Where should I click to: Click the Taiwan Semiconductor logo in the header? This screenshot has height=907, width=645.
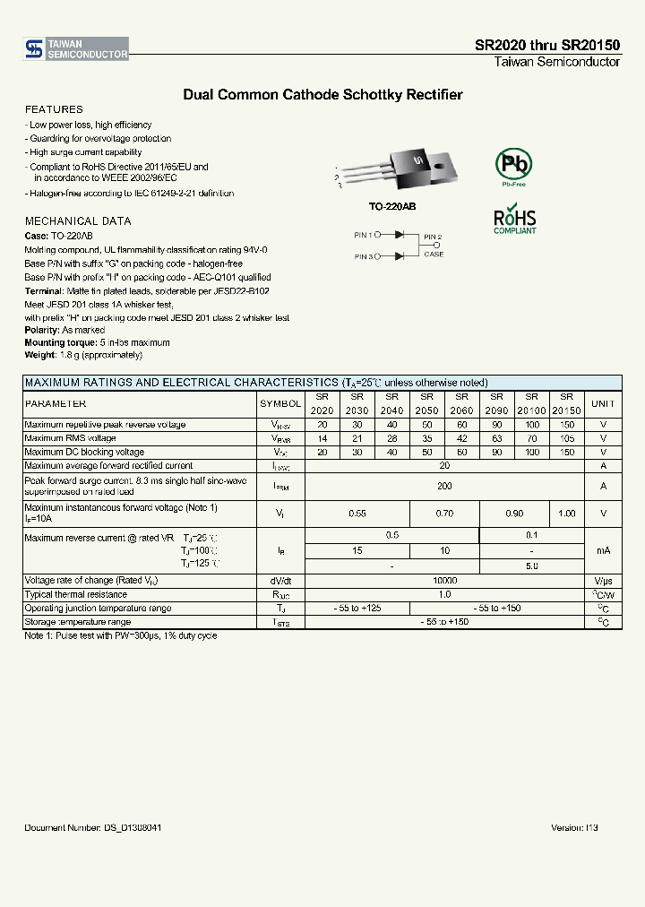(76, 49)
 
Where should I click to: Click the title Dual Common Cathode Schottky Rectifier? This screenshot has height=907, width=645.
(322, 94)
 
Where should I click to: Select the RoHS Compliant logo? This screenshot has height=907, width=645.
(514, 220)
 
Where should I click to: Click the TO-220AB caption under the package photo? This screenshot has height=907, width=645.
(392, 206)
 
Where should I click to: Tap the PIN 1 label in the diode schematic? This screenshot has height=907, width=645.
(363, 235)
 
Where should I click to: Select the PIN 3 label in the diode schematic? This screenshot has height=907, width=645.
(363, 257)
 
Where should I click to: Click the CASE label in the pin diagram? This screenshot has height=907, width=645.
(434, 255)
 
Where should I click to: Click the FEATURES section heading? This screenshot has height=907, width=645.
(54, 109)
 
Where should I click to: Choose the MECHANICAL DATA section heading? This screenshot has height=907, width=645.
(73, 220)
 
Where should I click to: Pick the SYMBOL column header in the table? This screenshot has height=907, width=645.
(280, 404)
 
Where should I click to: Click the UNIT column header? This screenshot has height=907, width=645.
(603, 404)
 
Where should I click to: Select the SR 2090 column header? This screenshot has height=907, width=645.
(496, 404)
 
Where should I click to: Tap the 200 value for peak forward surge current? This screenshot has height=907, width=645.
(444, 486)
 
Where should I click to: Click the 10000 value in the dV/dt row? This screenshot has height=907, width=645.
(444, 581)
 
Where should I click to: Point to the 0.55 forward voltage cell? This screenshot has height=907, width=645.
(357, 514)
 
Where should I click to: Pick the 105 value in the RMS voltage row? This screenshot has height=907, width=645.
(566, 438)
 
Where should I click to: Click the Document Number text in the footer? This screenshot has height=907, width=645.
(93, 827)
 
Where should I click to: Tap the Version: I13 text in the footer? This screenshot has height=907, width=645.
(574, 827)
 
